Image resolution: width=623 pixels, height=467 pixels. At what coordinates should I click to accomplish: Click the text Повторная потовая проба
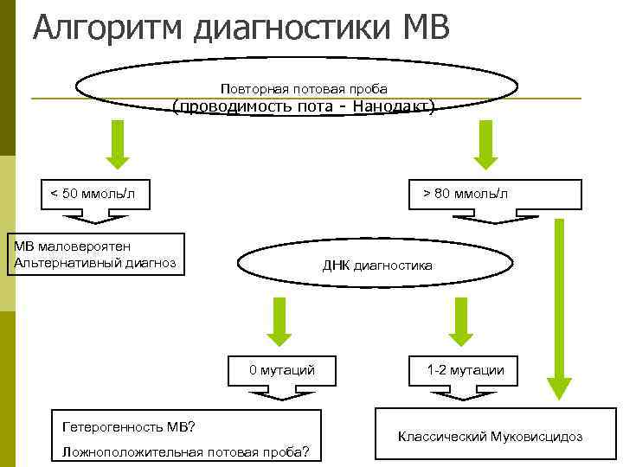coord(304,88)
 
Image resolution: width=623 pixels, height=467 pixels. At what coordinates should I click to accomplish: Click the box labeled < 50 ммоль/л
coord(93,192)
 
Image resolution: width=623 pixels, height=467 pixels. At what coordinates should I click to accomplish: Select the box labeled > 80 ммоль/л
coord(466,192)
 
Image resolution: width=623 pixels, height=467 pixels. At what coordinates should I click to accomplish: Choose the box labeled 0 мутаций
coord(282,370)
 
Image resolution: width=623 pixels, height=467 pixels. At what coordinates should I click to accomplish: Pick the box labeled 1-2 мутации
coord(466,370)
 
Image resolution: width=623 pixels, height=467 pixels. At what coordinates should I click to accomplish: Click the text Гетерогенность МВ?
coord(129,426)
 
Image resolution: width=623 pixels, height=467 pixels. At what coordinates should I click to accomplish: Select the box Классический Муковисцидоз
coord(490,436)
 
